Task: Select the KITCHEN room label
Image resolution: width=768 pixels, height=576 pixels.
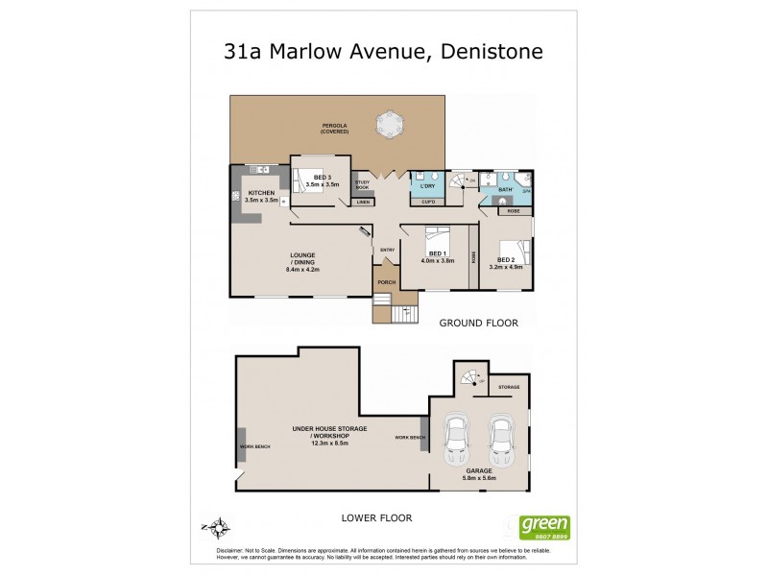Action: (x=261, y=192)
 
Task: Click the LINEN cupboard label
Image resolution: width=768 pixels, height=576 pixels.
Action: (x=363, y=202)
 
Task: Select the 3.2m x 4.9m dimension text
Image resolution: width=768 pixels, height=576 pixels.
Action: (x=505, y=267)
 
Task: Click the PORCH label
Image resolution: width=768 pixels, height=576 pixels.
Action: (x=386, y=282)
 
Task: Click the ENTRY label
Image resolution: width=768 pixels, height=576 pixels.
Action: (x=387, y=251)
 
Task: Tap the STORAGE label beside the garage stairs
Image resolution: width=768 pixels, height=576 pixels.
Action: (x=509, y=387)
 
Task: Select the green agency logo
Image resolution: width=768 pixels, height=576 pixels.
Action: (x=544, y=526)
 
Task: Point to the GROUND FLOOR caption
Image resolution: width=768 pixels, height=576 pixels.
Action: (x=478, y=324)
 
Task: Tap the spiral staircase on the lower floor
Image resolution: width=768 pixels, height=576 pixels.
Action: (x=470, y=377)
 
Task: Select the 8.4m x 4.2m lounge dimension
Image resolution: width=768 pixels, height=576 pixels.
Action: (x=301, y=270)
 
